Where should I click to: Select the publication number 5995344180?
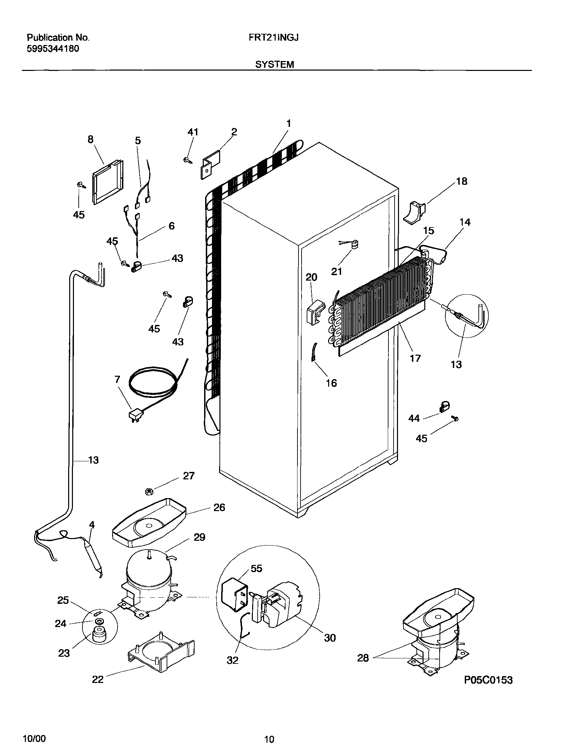[x=53, y=49]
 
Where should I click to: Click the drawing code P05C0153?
[x=488, y=680]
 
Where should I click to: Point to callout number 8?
[x=90, y=139]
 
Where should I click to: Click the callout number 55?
[x=256, y=568]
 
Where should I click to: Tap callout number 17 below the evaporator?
[x=415, y=358]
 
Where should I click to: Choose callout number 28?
[x=363, y=658]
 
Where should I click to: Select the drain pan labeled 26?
[x=149, y=524]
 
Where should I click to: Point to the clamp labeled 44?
[x=444, y=407]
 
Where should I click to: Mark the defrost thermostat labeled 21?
[x=355, y=244]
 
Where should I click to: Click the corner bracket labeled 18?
[x=414, y=213]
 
